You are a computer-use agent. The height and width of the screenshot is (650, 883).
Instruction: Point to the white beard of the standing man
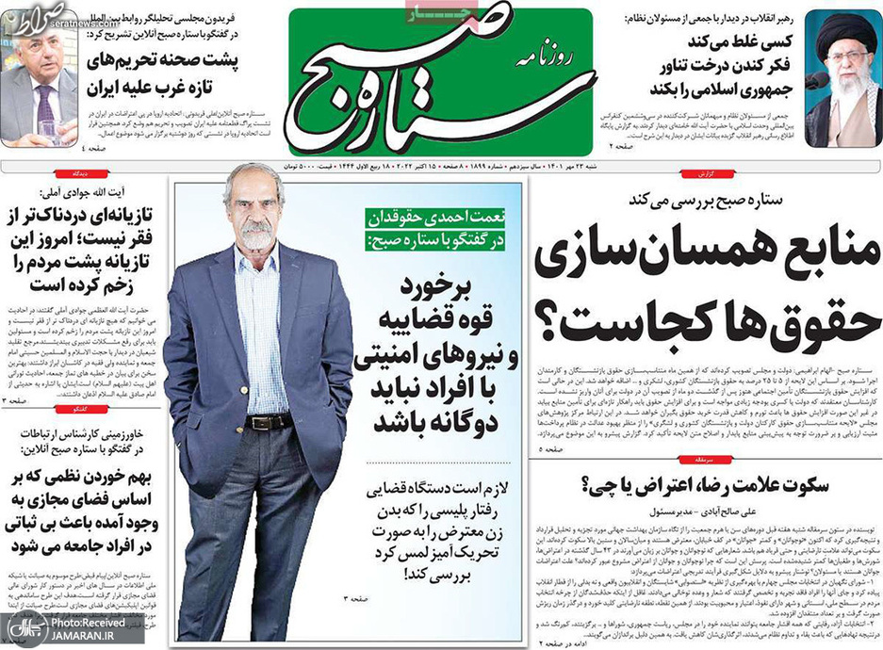(256, 235)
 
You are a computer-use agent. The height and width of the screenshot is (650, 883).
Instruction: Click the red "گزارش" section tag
(857, 176)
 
